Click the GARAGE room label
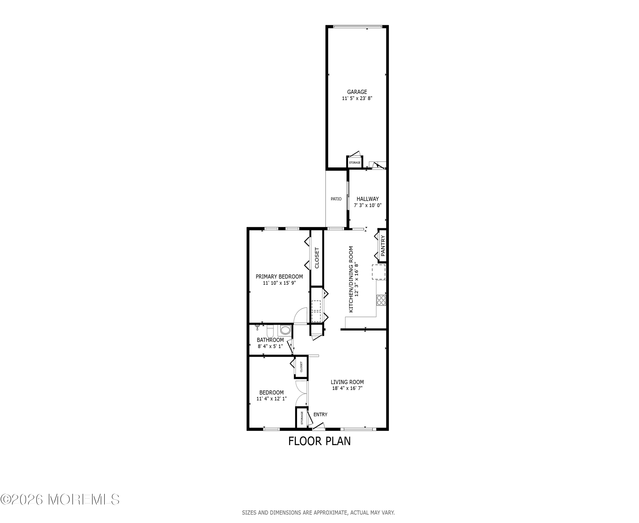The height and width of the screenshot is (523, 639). click(x=357, y=92)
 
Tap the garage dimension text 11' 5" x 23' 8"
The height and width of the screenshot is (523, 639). click(x=357, y=99)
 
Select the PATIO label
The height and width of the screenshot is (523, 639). click(x=336, y=199)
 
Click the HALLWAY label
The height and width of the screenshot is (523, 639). click(x=368, y=199)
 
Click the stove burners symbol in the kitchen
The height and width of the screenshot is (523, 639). click(x=381, y=300)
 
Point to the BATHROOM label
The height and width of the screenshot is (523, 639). click(x=270, y=340)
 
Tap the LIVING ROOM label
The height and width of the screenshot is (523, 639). click(x=347, y=382)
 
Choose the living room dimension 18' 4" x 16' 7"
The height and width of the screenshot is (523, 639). click(x=347, y=388)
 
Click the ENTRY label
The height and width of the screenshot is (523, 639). click(x=320, y=414)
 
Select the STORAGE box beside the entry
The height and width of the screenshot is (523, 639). click(x=302, y=418)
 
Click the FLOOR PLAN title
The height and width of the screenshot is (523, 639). click(x=319, y=441)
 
